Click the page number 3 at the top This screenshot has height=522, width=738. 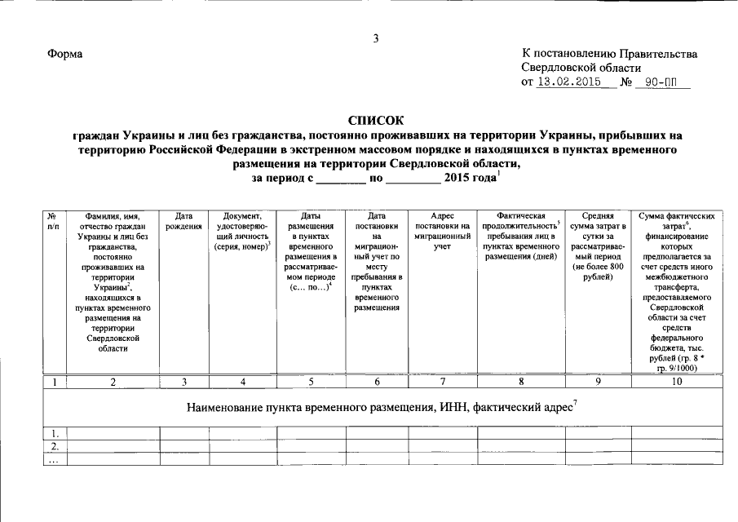pyautogui.click(x=376, y=38)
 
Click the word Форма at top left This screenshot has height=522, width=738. pyautogui.click(x=66, y=54)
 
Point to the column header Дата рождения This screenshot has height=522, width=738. pyautogui.click(x=184, y=221)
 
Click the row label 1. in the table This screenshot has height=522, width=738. pyautogui.click(x=54, y=433)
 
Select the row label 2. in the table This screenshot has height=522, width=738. pyautogui.click(x=54, y=446)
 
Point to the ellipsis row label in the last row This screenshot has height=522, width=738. pyautogui.click(x=54, y=459)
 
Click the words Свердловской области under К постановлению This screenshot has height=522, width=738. pyautogui.click(x=581, y=68)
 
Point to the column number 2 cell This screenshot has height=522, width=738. pyautogui.click(x=113, y=381)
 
